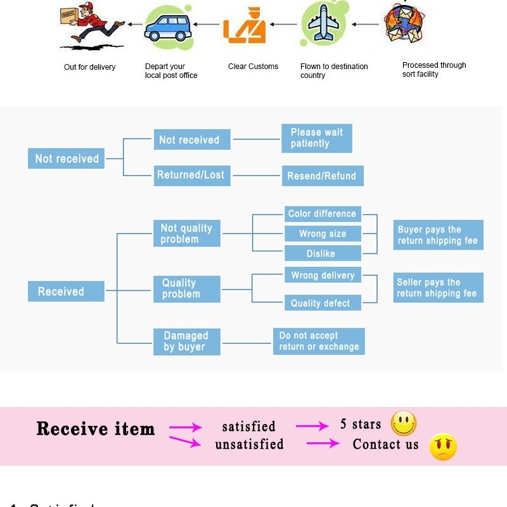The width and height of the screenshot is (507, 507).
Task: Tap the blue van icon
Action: point(168,27)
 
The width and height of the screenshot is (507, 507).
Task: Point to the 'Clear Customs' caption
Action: point(253,67)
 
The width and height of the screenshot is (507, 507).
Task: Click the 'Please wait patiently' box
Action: point(316,138)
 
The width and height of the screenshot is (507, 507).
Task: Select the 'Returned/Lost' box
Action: point(191,176)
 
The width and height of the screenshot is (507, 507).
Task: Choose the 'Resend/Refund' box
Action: point(322,176)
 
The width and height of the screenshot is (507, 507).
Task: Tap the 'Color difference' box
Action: point(322,214)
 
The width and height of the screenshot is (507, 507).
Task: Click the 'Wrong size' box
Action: point(322,234)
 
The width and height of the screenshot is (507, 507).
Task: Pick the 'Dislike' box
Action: point(322,253)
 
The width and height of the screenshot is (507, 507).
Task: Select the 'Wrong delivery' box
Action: point(322,276)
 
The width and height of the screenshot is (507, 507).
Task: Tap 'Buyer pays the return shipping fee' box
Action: point(438,235)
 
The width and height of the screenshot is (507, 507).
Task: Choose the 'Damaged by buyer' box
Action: point(186,342)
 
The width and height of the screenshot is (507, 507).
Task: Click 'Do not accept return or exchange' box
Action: point(319,342)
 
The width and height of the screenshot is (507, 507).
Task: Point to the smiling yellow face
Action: point(404,423)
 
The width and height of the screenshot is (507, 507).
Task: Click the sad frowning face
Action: point(443,447)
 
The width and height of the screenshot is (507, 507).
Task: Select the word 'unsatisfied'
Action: point(249,444)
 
